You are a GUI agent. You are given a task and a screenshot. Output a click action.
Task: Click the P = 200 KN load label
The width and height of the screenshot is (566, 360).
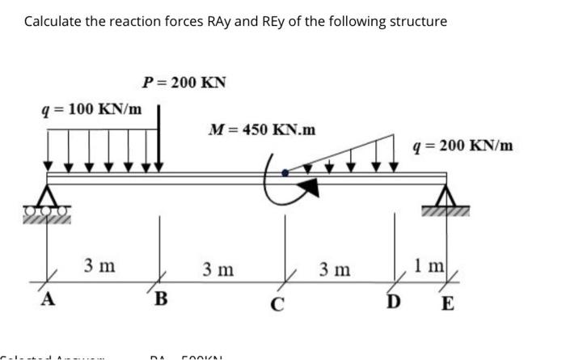[184, 83]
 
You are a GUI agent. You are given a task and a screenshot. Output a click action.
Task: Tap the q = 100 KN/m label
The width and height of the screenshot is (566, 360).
[91, 108]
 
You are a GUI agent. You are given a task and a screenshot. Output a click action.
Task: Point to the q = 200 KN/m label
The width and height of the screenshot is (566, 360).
[462, 146]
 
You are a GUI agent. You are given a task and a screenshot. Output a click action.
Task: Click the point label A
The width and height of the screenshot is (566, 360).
[47, 301]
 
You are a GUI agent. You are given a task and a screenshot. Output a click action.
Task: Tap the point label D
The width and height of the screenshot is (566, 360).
[393, 303]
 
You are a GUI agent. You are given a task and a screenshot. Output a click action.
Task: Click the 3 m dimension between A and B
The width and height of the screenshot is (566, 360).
[99, 265]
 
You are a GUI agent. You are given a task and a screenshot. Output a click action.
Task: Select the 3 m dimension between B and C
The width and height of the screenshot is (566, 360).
[218, 268]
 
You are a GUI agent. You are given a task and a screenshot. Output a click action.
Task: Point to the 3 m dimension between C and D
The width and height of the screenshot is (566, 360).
[334, 268]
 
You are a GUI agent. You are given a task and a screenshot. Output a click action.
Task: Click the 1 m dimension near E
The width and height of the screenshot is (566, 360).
[425, 265]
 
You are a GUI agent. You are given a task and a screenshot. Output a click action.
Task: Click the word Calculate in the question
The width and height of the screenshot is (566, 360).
[54, 21]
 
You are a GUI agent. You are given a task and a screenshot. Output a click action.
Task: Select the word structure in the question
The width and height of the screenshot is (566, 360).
[416, 21]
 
